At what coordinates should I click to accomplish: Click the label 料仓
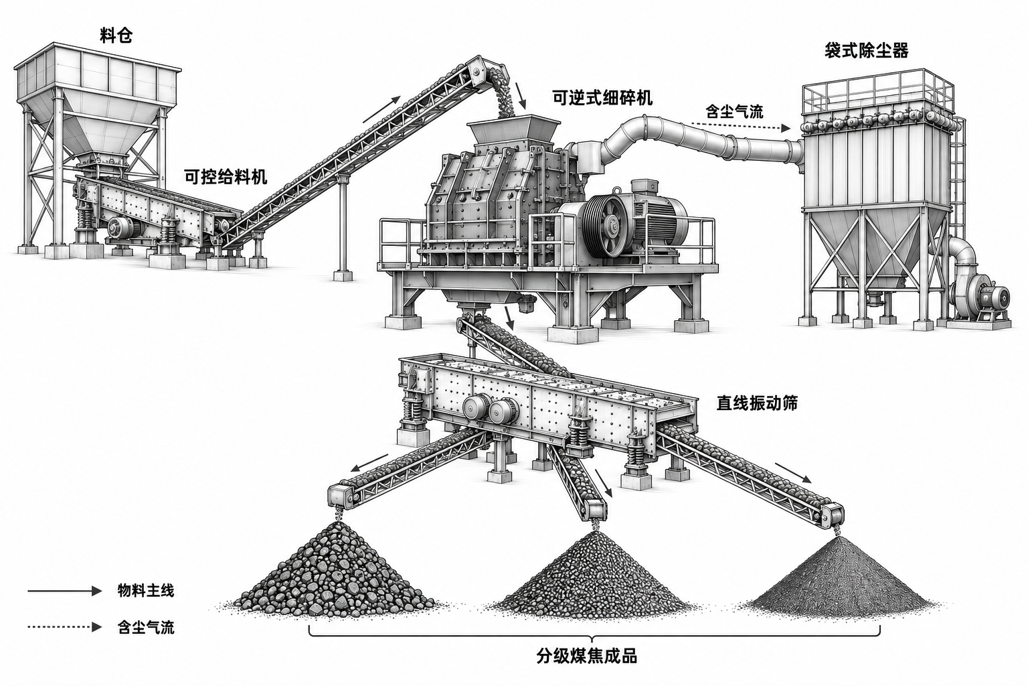click(x=116, y=36)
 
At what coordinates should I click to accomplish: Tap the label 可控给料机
click(x=226, y=177)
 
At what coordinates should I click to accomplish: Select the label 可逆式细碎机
click(x=602, y=98)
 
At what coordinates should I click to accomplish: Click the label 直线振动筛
click(x=757, y=403)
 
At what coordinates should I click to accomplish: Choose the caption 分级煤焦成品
click(x=587, y=657)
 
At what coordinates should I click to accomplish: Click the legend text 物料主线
click(x=146, y=590)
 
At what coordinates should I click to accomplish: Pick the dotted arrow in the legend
click(x=64, y=627)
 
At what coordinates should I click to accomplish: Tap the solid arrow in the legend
click(x=64, y=591)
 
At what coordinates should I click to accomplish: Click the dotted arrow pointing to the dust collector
click(x=741, y=127)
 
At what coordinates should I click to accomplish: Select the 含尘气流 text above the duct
click(x=734, y=111)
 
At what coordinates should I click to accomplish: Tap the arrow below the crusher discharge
click(x=509, y=318)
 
